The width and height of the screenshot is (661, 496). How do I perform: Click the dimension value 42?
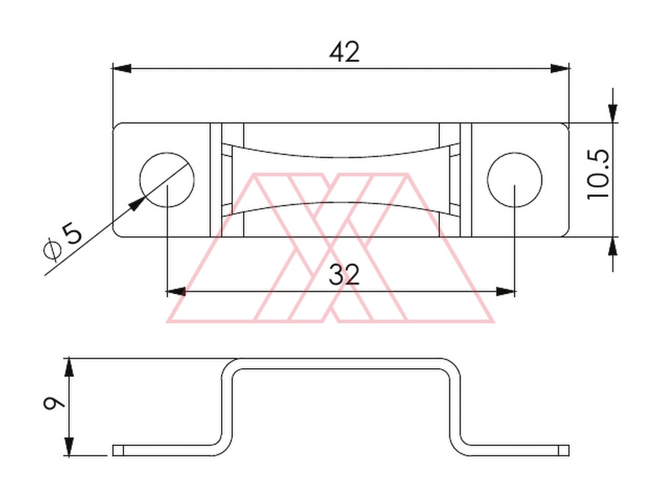click(x=344, y=52)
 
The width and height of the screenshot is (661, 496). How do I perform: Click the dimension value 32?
click(x=344, y=275)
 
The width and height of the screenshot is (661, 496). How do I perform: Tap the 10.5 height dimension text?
click(x=598, y=174)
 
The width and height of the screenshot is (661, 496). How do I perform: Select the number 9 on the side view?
click(x=54, y=403)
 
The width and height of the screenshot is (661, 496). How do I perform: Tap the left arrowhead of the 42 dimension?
click(x=122, y=68)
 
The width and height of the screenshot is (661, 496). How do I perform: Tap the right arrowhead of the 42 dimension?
click(x=560, y=68)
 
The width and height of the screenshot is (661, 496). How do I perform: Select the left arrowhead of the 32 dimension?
click(x=176, y=291)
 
